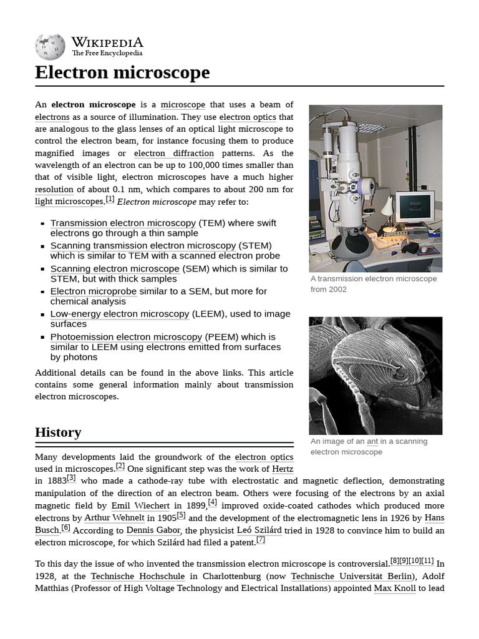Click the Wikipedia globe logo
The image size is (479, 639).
(50, 47)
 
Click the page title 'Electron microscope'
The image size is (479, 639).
(122, 72)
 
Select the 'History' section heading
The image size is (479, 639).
(58, 432)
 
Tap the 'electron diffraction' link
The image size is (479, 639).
(173, 154)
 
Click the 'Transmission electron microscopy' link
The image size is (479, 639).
(123, 223)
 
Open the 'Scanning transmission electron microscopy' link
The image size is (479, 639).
(143, 246)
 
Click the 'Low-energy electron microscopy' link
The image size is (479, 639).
(119, 314)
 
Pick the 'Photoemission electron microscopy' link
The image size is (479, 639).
(126, 337)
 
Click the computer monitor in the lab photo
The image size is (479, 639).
(415, 207)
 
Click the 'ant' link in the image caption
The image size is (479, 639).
(372, 441)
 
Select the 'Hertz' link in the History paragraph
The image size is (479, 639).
(283, 469)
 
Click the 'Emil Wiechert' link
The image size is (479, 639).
(140, 505)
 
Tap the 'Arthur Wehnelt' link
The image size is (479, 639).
(114, 518)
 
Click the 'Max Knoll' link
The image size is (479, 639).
(395, 588)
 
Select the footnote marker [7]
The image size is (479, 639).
(261, 540)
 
